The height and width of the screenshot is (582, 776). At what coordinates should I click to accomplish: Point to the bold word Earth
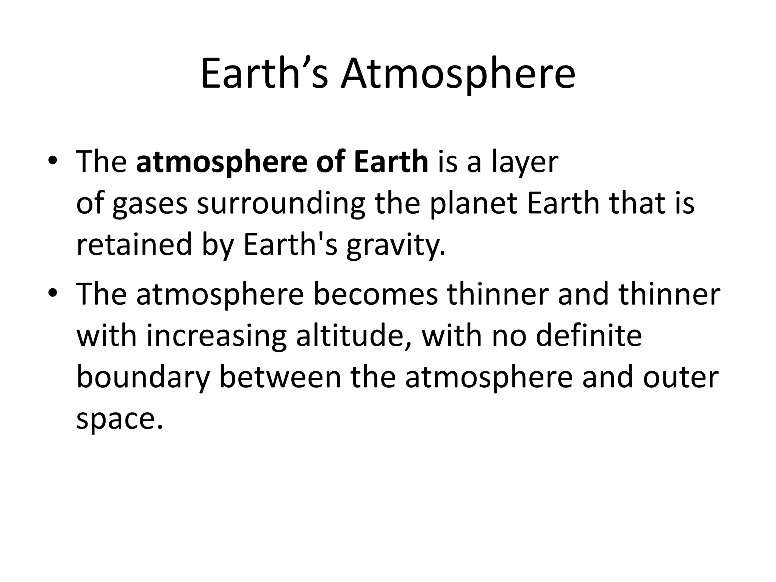click(x=391, y=161)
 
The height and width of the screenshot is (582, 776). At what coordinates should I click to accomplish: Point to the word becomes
click(x=375, y=295)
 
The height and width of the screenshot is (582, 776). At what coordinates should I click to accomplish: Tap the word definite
click(x=589, y=336)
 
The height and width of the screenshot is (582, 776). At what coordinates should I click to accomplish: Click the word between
click(x=280, y=377)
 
